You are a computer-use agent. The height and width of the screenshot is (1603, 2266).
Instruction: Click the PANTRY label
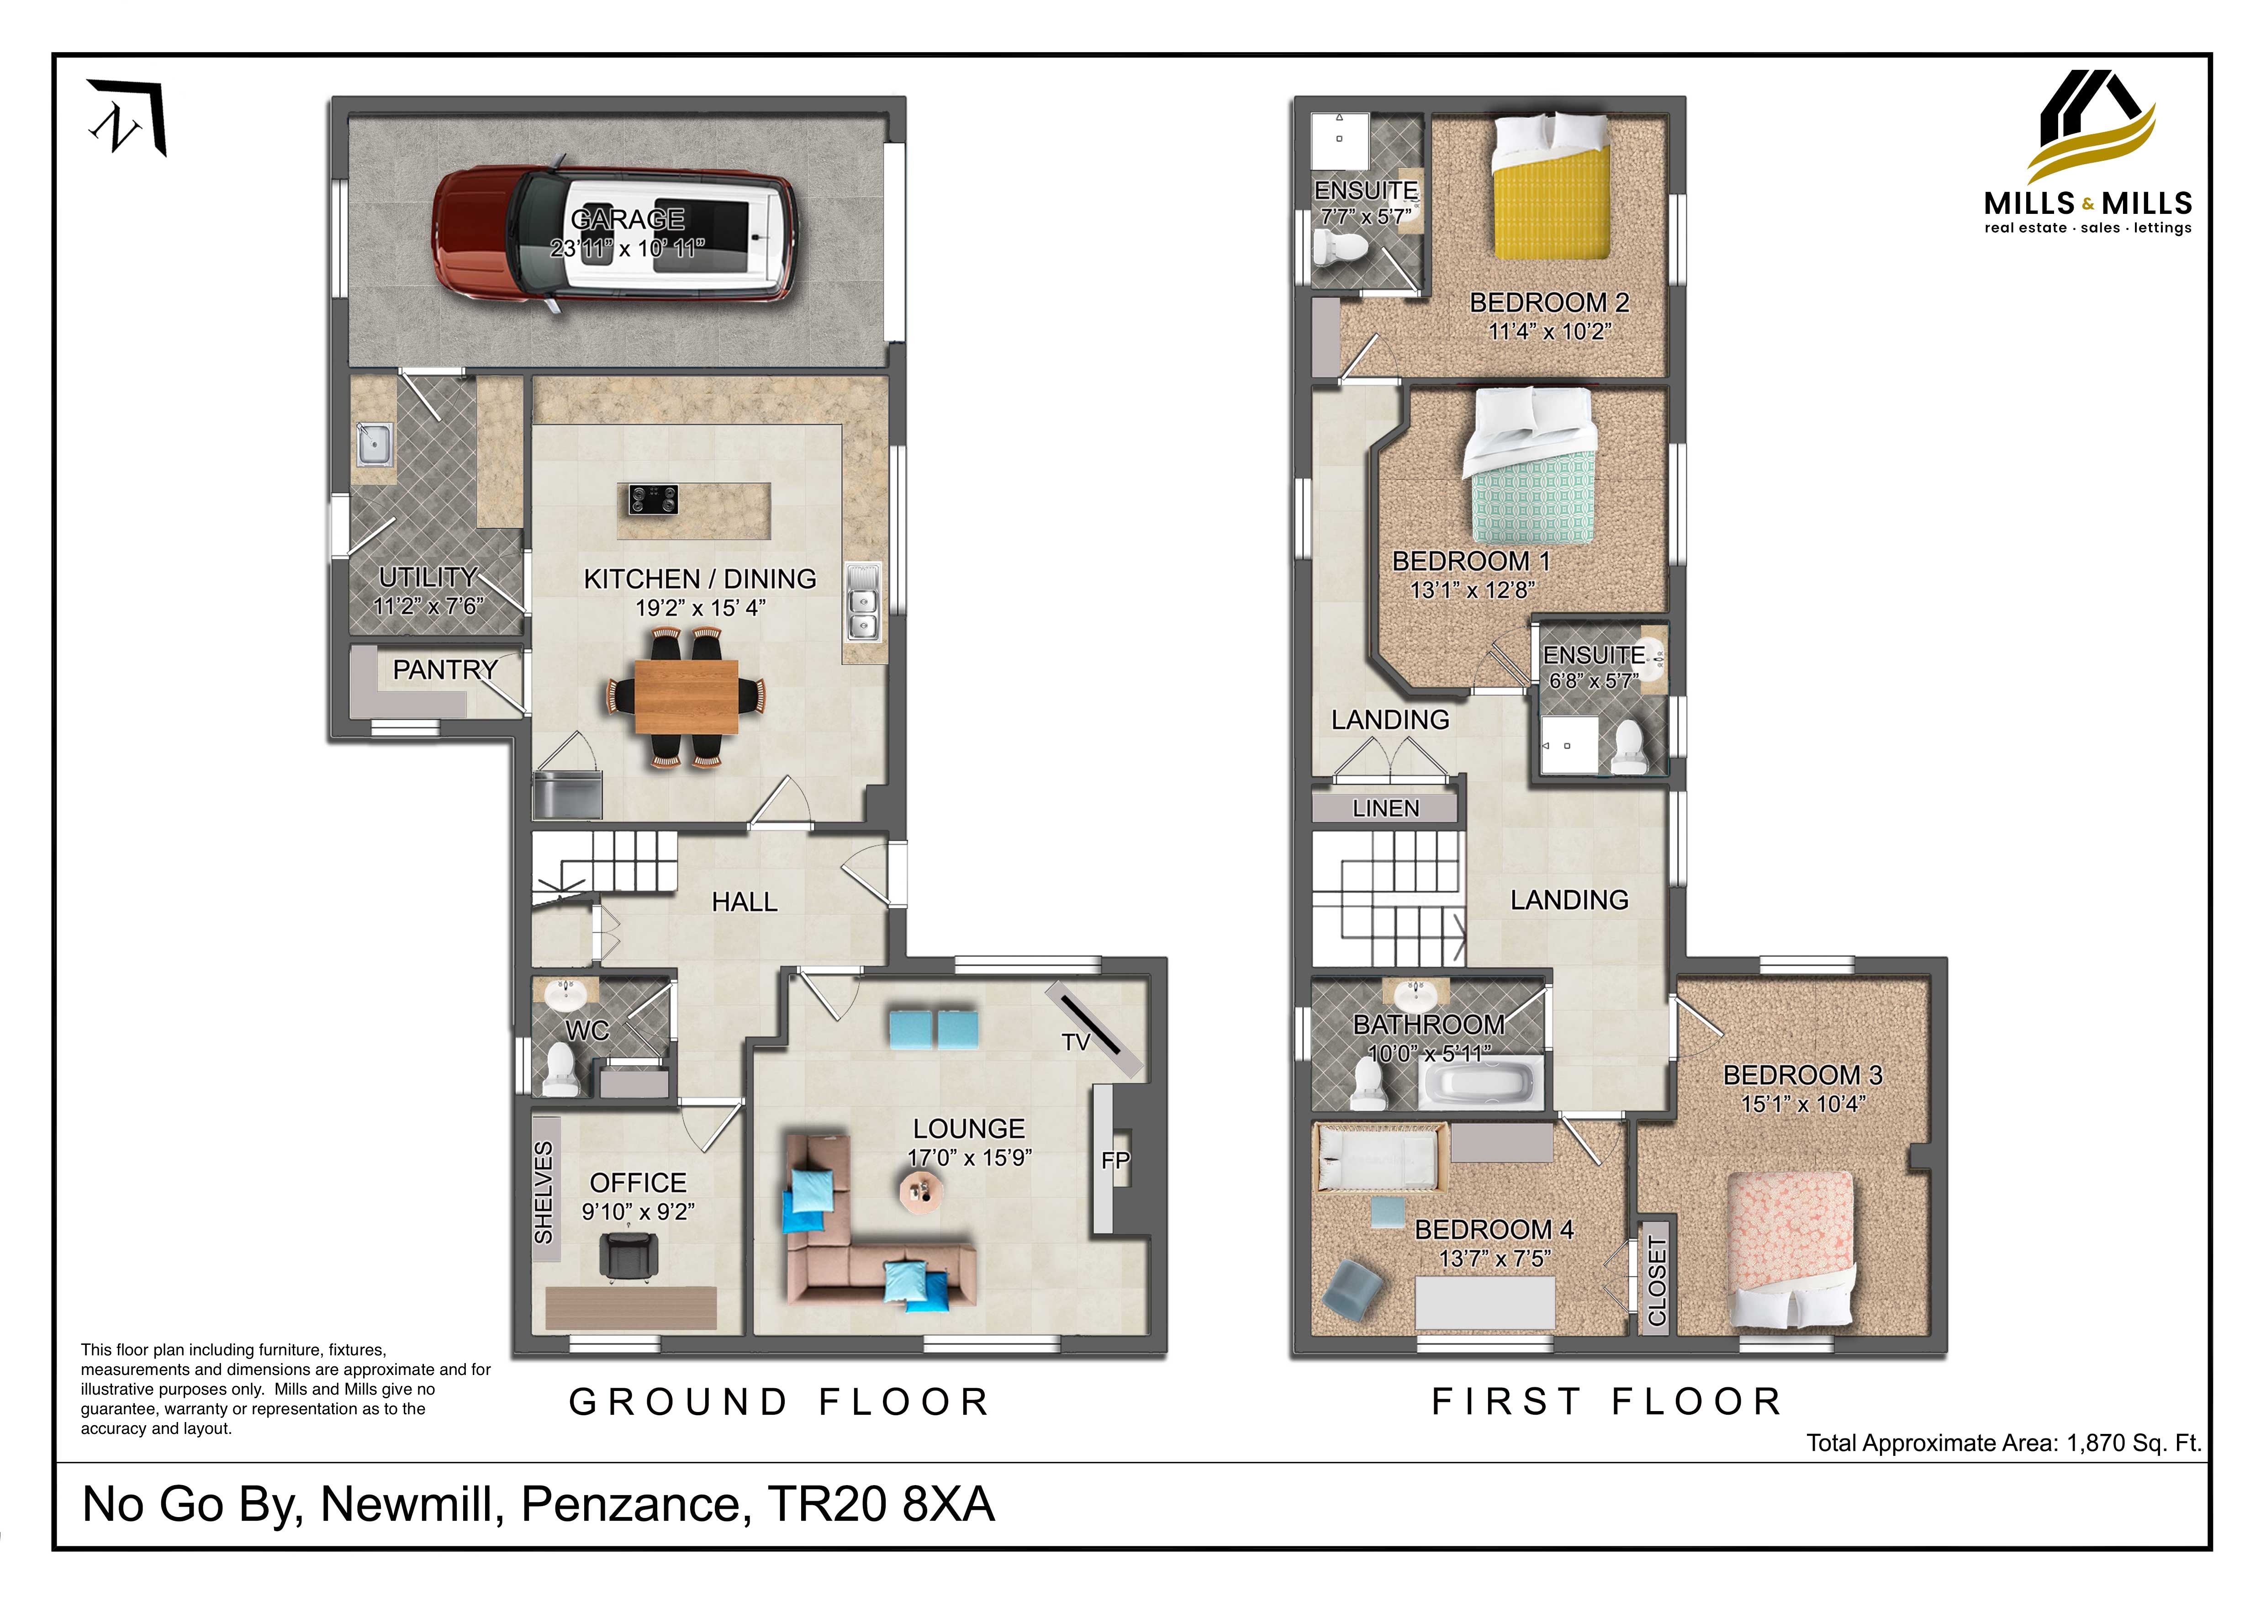click(x=445, y=670)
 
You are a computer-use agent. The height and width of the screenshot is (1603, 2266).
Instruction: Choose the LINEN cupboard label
click(x=1386, y=808)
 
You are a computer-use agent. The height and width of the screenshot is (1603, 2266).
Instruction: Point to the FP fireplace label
click(x=1115, y=1161)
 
